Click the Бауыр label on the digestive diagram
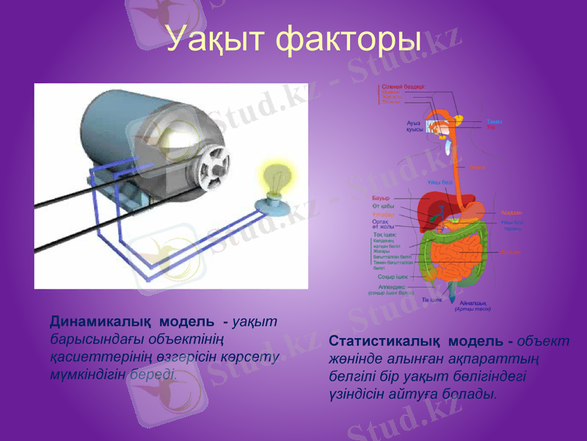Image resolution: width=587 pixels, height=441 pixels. pyautogui.click(x=381, y=198)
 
